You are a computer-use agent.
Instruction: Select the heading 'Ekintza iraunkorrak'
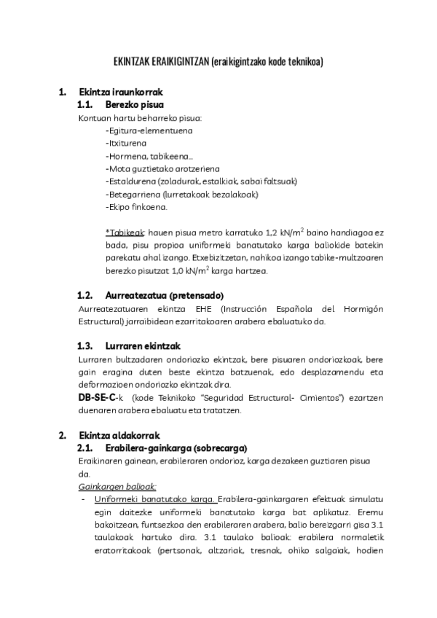[120, 93]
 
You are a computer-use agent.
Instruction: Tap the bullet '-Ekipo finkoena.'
[136, 207]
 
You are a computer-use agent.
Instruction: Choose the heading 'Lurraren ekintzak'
[143, 345]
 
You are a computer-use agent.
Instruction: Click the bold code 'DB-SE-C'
[97, 397]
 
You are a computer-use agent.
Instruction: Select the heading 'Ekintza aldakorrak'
[119, 435]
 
